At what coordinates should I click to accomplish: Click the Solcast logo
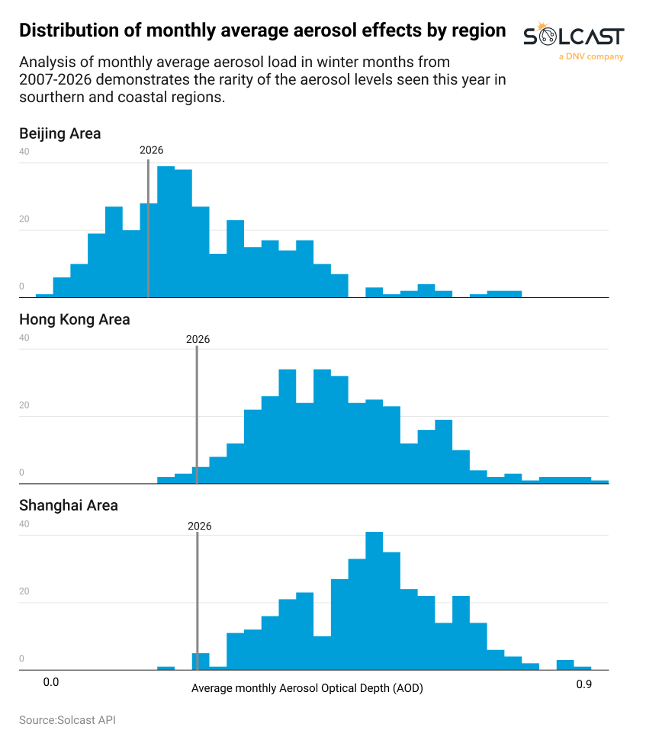[574, 36]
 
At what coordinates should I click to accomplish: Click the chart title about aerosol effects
[262, 30]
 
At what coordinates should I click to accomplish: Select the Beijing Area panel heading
[59, 133]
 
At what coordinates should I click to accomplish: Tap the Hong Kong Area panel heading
[74, 319]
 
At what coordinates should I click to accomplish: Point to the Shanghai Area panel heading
[68, 505]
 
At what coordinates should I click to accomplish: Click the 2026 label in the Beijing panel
[151, 150]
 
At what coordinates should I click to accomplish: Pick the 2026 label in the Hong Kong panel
[198, 339]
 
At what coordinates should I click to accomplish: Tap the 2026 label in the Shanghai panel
[198, 526]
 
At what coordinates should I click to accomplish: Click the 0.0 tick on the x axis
[51, 684]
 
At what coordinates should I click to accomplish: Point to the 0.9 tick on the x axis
[583, 684]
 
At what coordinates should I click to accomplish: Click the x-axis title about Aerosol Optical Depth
[307, 688]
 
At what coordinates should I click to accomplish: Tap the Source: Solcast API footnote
[67, 720]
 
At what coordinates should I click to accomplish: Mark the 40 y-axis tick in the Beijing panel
[24, 152]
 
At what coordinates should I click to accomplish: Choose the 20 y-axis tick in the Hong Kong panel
[24, 405]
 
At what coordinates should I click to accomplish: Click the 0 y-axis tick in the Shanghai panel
[22, 659]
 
